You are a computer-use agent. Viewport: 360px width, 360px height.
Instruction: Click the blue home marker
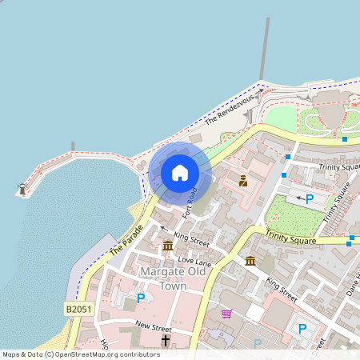tap(180, 172)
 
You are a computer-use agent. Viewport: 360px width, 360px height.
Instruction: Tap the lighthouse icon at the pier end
tap(22, 190)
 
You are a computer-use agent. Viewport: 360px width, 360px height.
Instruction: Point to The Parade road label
tap(126, 238)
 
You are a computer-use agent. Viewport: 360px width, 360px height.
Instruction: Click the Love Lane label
tap(194, 261)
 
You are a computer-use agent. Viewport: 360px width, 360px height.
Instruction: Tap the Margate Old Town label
tap(174, 278)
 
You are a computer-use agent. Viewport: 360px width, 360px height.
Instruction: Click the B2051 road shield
tap(78, 308)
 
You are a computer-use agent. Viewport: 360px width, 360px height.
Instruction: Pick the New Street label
tap(154, 326)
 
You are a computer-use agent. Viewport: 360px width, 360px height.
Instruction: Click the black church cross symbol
tap(166, 342)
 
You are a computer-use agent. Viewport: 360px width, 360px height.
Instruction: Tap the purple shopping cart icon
tap(226, 314)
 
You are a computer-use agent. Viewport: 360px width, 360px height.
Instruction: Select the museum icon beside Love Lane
tap(167, 246)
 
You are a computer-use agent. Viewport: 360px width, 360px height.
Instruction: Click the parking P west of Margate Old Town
tap(141, 298)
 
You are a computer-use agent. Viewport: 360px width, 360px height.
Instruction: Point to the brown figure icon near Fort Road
tap(243, 181)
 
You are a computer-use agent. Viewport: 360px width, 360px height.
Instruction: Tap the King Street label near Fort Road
tap(191, 238)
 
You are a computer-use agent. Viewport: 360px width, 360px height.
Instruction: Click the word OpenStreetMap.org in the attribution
tap(98, 354)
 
